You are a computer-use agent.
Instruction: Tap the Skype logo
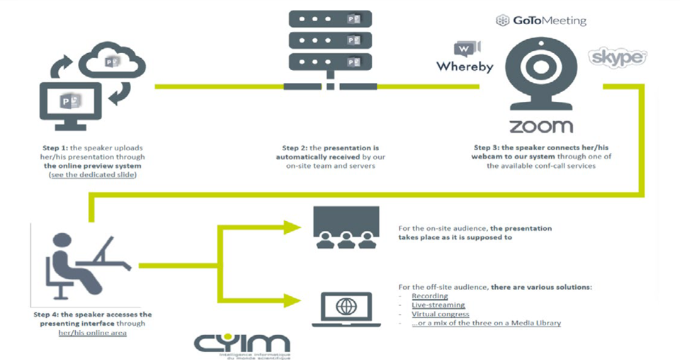click(617, 57)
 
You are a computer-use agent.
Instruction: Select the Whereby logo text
click(464, 67)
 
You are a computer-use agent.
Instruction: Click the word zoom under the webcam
click(540, 127)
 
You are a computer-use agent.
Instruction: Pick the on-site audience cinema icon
click(346, 227)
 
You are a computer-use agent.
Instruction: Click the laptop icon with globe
click(346, 308)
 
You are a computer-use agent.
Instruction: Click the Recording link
click(429, 296)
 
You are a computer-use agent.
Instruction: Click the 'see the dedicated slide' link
click(92, 175)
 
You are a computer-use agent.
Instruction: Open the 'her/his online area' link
click(92, 332)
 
